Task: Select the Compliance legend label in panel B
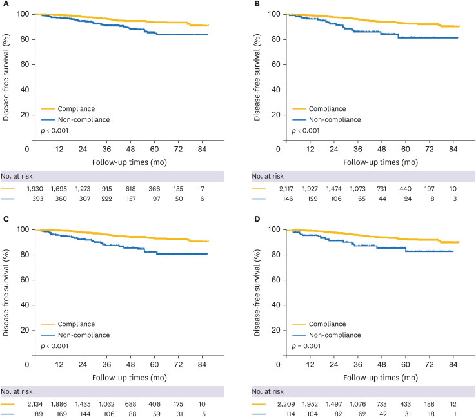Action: (x=328, y=109)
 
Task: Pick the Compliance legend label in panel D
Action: (x=328, y=324)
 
